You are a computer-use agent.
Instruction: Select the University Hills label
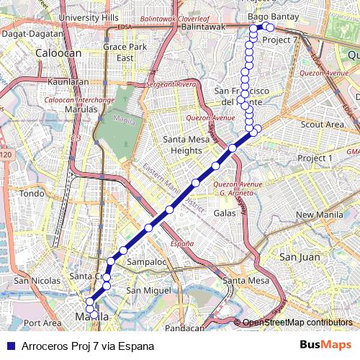click(89, 17)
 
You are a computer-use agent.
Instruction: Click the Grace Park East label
click(119, 52)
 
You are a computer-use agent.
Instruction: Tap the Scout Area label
click(322, 125)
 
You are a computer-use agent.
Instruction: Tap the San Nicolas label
click(31, 280)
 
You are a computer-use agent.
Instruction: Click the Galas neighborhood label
click(225, 213)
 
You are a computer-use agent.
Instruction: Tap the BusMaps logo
click(325, 346)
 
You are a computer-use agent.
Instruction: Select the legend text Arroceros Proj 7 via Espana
click(88, 346)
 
